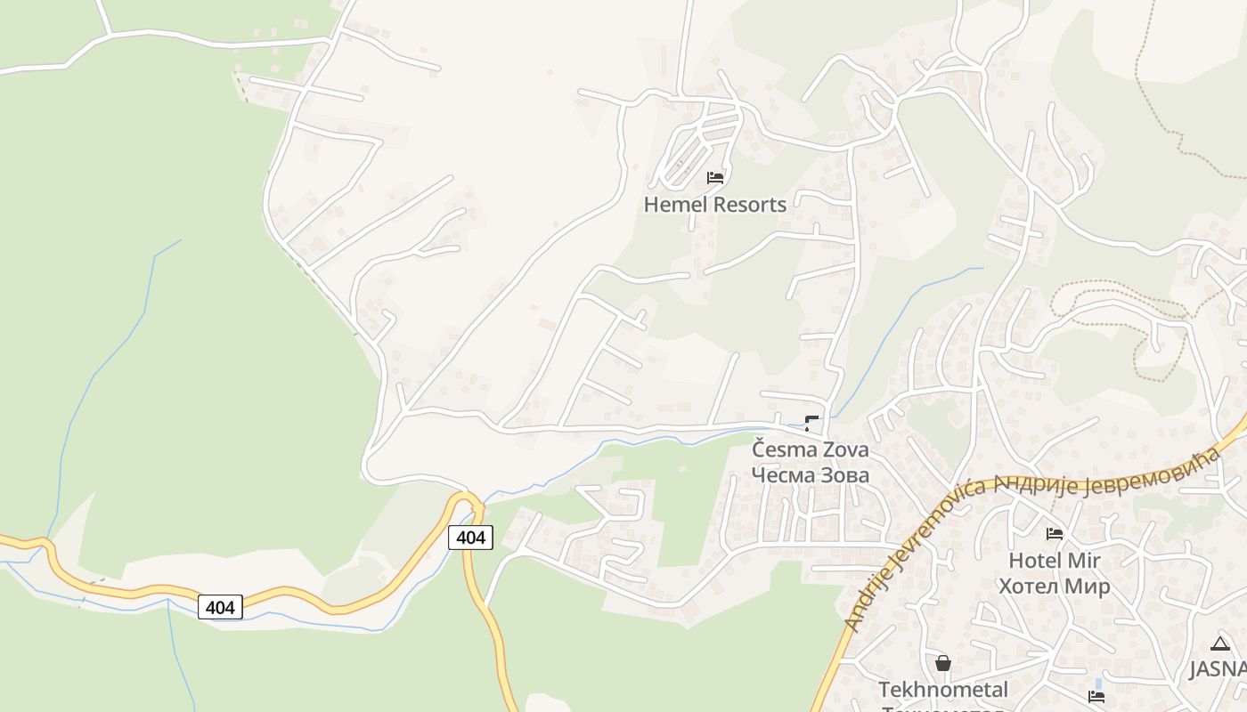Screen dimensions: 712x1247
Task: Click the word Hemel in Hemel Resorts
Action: [674, 204]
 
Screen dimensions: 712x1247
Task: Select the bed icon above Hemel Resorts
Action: [715, 177]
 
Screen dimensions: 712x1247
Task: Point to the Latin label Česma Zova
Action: [810, 449]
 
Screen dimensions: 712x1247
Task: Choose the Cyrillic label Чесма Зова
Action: [810, 474]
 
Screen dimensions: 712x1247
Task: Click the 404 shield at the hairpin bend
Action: [469, 537]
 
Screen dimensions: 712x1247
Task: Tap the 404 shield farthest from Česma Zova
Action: [220, 607]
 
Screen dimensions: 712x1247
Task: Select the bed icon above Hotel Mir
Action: [1055, 534]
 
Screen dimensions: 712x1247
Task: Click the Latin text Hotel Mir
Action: [1055, 561]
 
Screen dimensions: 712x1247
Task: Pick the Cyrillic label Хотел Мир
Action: [1055, 586]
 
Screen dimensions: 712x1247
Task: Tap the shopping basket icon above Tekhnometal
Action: [943, 663]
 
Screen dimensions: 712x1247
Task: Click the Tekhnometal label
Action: [943, 690]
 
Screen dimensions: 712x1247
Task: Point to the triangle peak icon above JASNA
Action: [1220, 643]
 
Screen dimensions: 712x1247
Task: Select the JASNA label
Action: [1218, 668]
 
